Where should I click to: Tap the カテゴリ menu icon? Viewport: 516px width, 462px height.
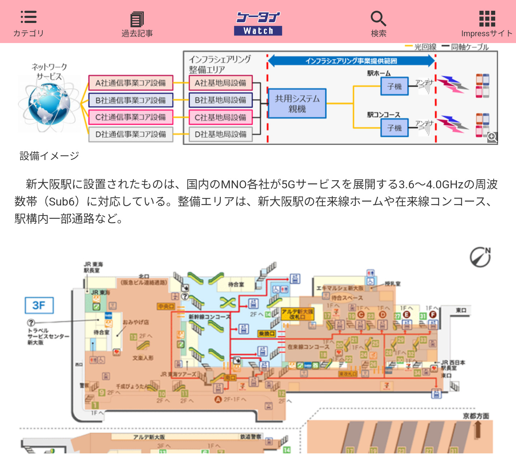pos(28,17)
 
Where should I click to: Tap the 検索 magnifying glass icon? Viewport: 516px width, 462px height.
pos(378,19)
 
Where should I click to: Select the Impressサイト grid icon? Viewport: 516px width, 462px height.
pos(487,19)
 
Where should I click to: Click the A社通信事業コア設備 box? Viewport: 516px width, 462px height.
pos(131,83)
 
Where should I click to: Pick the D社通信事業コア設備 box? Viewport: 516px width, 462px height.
pos(131,134)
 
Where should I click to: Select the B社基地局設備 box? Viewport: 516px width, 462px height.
pos(221,100)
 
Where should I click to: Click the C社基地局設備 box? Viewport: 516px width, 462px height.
pos(221,117)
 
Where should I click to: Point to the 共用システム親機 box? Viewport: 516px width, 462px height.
pos(297,103)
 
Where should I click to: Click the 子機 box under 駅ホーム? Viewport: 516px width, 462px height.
pos(394,86)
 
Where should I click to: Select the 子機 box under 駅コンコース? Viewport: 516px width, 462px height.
pos(394,128)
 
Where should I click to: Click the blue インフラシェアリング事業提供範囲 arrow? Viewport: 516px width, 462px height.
pos(351,61)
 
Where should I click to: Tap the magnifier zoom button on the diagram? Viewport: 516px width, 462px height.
pos(492,137)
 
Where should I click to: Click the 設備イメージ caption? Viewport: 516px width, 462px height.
pos(49,156)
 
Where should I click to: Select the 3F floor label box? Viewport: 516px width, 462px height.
pos(39,305)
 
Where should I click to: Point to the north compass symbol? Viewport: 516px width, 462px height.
pos(480,257)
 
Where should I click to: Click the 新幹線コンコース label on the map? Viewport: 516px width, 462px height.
pos(210,317)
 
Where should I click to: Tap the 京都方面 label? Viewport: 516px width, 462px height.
pos(476,416)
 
